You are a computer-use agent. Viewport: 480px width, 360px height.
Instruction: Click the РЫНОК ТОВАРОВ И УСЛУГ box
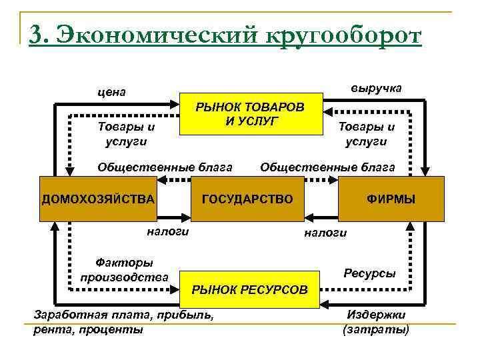coord(250,114)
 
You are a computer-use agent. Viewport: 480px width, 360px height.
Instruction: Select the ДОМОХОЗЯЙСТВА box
coord(98,199)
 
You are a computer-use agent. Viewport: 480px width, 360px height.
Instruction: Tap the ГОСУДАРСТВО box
coord(247,199)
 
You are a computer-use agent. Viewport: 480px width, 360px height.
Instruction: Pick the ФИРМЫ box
coord(391,199)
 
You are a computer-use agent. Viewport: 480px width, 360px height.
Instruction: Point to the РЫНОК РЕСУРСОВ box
coord(250,289)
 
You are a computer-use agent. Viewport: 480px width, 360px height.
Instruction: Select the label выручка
coord(376,89)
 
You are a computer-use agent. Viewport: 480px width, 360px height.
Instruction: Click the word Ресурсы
coord(369,273)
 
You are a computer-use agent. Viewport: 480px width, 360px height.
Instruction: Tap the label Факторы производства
coord(124,270)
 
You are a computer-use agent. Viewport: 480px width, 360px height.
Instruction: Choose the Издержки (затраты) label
coord(376,321)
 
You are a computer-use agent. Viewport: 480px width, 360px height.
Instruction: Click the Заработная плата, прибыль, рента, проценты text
coord(123,321)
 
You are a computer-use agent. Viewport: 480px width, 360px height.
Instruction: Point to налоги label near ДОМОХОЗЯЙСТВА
coord(167,231)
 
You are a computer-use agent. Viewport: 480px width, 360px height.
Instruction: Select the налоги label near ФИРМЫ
coord(325,233)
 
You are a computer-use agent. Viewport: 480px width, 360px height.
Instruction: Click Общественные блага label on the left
coord(165,167)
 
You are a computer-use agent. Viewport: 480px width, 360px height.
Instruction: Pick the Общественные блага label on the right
coord(327,167)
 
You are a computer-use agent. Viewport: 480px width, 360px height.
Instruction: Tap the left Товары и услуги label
coord(126,133)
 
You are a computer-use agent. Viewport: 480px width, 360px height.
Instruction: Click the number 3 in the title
coord(38,34)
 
